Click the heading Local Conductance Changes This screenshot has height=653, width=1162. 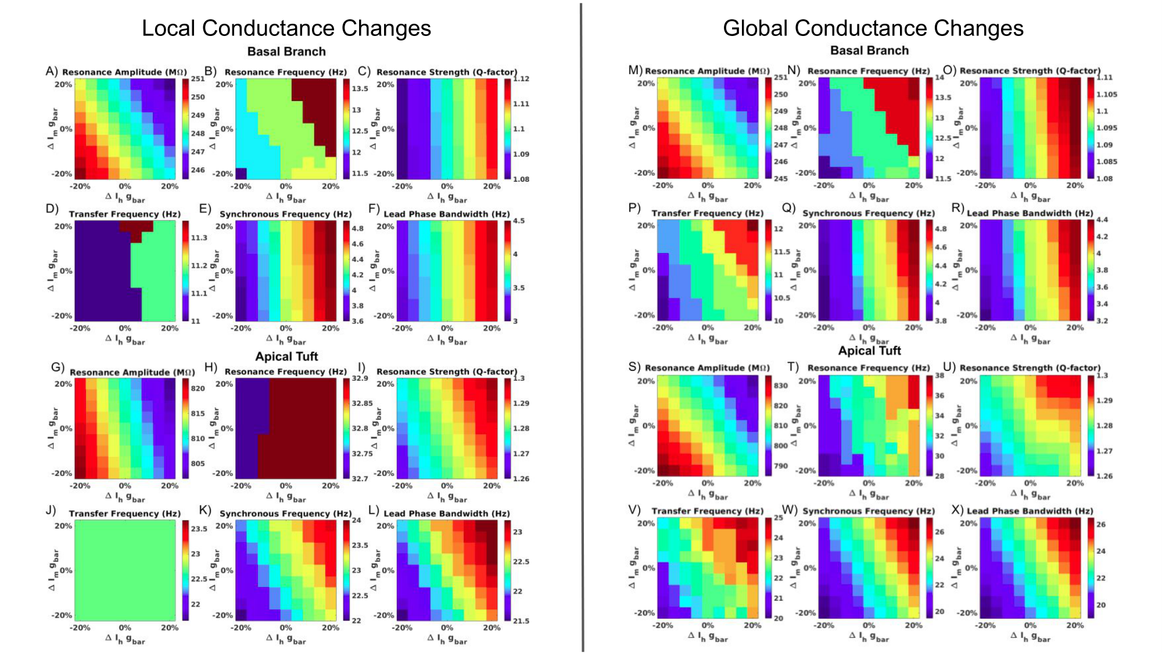[286, 28]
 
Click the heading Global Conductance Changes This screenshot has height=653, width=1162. [873, 28]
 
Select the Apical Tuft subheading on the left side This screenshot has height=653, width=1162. [286, 356]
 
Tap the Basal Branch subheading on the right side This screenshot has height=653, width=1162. [869, 50]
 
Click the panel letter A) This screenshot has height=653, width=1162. [52, 71]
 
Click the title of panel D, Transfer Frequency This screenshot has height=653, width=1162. [125, 214]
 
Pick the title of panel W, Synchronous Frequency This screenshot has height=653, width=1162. [869, 511]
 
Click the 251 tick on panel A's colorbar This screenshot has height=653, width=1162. [198, 79]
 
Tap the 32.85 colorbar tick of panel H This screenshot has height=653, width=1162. [362, 403]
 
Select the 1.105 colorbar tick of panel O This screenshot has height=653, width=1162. [1106, 94]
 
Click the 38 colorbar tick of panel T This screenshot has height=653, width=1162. [939, 376]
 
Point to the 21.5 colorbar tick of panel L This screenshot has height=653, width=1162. [521, 620]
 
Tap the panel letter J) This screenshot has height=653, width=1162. [51, 510]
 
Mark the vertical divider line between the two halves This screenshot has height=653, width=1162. [582, 325]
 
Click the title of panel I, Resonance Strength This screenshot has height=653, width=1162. [446, 371]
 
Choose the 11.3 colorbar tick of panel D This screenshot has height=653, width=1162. [199, 237]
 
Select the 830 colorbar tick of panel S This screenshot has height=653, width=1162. [780, 385]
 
